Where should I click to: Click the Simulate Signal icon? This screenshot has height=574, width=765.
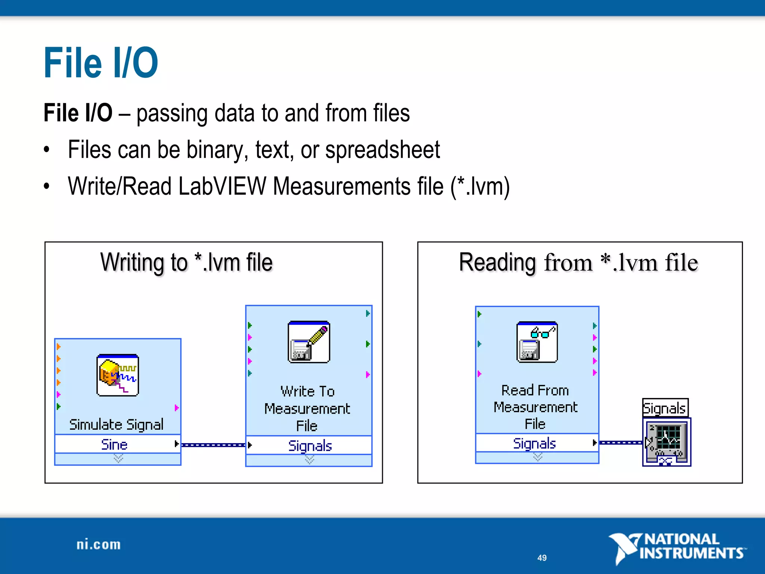tap(118, 375)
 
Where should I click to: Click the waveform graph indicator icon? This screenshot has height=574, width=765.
tap(667, 442)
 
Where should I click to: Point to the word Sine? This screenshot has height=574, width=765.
tap(114, 444)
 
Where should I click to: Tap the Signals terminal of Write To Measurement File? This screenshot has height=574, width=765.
tap(310, 445)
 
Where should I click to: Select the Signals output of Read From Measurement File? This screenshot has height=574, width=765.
tap(535, 443)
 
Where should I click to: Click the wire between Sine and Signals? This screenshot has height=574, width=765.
tap(213, 445)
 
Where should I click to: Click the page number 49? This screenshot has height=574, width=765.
tap(542, 558)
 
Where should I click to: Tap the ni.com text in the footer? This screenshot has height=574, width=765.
tap(99, 544)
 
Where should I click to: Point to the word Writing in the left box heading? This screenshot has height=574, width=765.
tap(132, 263)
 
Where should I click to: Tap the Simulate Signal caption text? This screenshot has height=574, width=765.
tap(117, 425)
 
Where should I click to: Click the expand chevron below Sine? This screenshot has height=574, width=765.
tap(118, 459)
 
